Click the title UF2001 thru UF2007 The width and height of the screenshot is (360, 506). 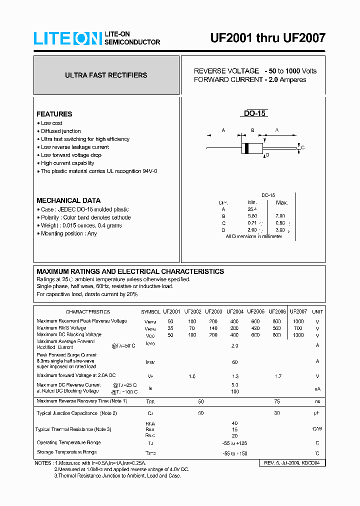[x=267, y=38]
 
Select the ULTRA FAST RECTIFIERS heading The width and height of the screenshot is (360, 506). [x=106, y=75]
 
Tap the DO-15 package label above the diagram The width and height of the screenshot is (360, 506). [x=254, y=113]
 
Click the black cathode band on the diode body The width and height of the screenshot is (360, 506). [x=245, y=148]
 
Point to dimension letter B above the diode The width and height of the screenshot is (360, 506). [x=252, y=130]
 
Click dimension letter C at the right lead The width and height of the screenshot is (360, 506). [x=303, y=147]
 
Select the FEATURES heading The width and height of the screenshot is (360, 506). [x=54, y=114]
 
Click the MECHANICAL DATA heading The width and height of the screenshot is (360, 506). [x=68, y=200]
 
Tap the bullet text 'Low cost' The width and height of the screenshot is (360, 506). [x=51, y=123]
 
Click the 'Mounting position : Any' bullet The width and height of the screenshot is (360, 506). [x=68, y=233]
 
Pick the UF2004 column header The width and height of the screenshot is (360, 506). [x=235, y=311]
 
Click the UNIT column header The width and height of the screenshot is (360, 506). [x=317, y=311]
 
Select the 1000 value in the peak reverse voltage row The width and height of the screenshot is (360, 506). [x=298, y=321]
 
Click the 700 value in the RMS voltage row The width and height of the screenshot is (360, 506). [x=298, y=328]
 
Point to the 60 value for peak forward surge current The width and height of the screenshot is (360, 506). [x=234, y=361]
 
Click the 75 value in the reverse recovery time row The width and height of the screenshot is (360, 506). [x=277, y=401]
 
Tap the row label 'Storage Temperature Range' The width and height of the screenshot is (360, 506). [x=66, y=452]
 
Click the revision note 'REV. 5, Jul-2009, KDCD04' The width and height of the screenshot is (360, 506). [x=293, y=463]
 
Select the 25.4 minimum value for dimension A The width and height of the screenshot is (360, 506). [x=251, y=208]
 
